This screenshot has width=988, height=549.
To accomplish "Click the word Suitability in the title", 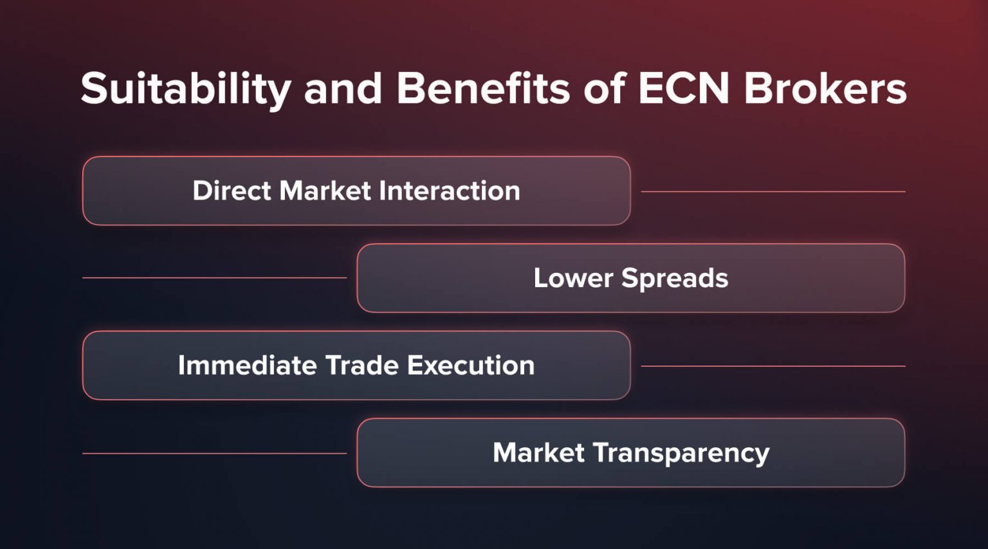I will click(x=186, y=88).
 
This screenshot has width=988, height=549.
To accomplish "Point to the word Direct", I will click(x=232, y=191).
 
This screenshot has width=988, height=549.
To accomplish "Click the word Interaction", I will click(x=449, y=191).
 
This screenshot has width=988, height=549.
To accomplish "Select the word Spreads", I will click(x=675, y=279).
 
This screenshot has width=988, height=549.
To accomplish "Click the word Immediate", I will click(x=248, y=366).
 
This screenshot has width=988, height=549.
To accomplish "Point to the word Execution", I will click(x=470, y=366).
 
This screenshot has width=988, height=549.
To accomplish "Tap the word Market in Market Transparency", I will click(x=538, y=452).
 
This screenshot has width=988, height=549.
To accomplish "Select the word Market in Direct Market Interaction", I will click(x=325, y=191).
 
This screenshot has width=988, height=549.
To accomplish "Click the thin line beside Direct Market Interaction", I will click(x=773, y=191).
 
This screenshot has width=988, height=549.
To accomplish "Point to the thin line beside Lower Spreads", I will click(x=214, y=278).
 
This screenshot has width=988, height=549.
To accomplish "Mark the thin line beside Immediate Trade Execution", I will click(x=773, y=366).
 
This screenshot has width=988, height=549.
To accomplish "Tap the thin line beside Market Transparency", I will click(x=214, y=453).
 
